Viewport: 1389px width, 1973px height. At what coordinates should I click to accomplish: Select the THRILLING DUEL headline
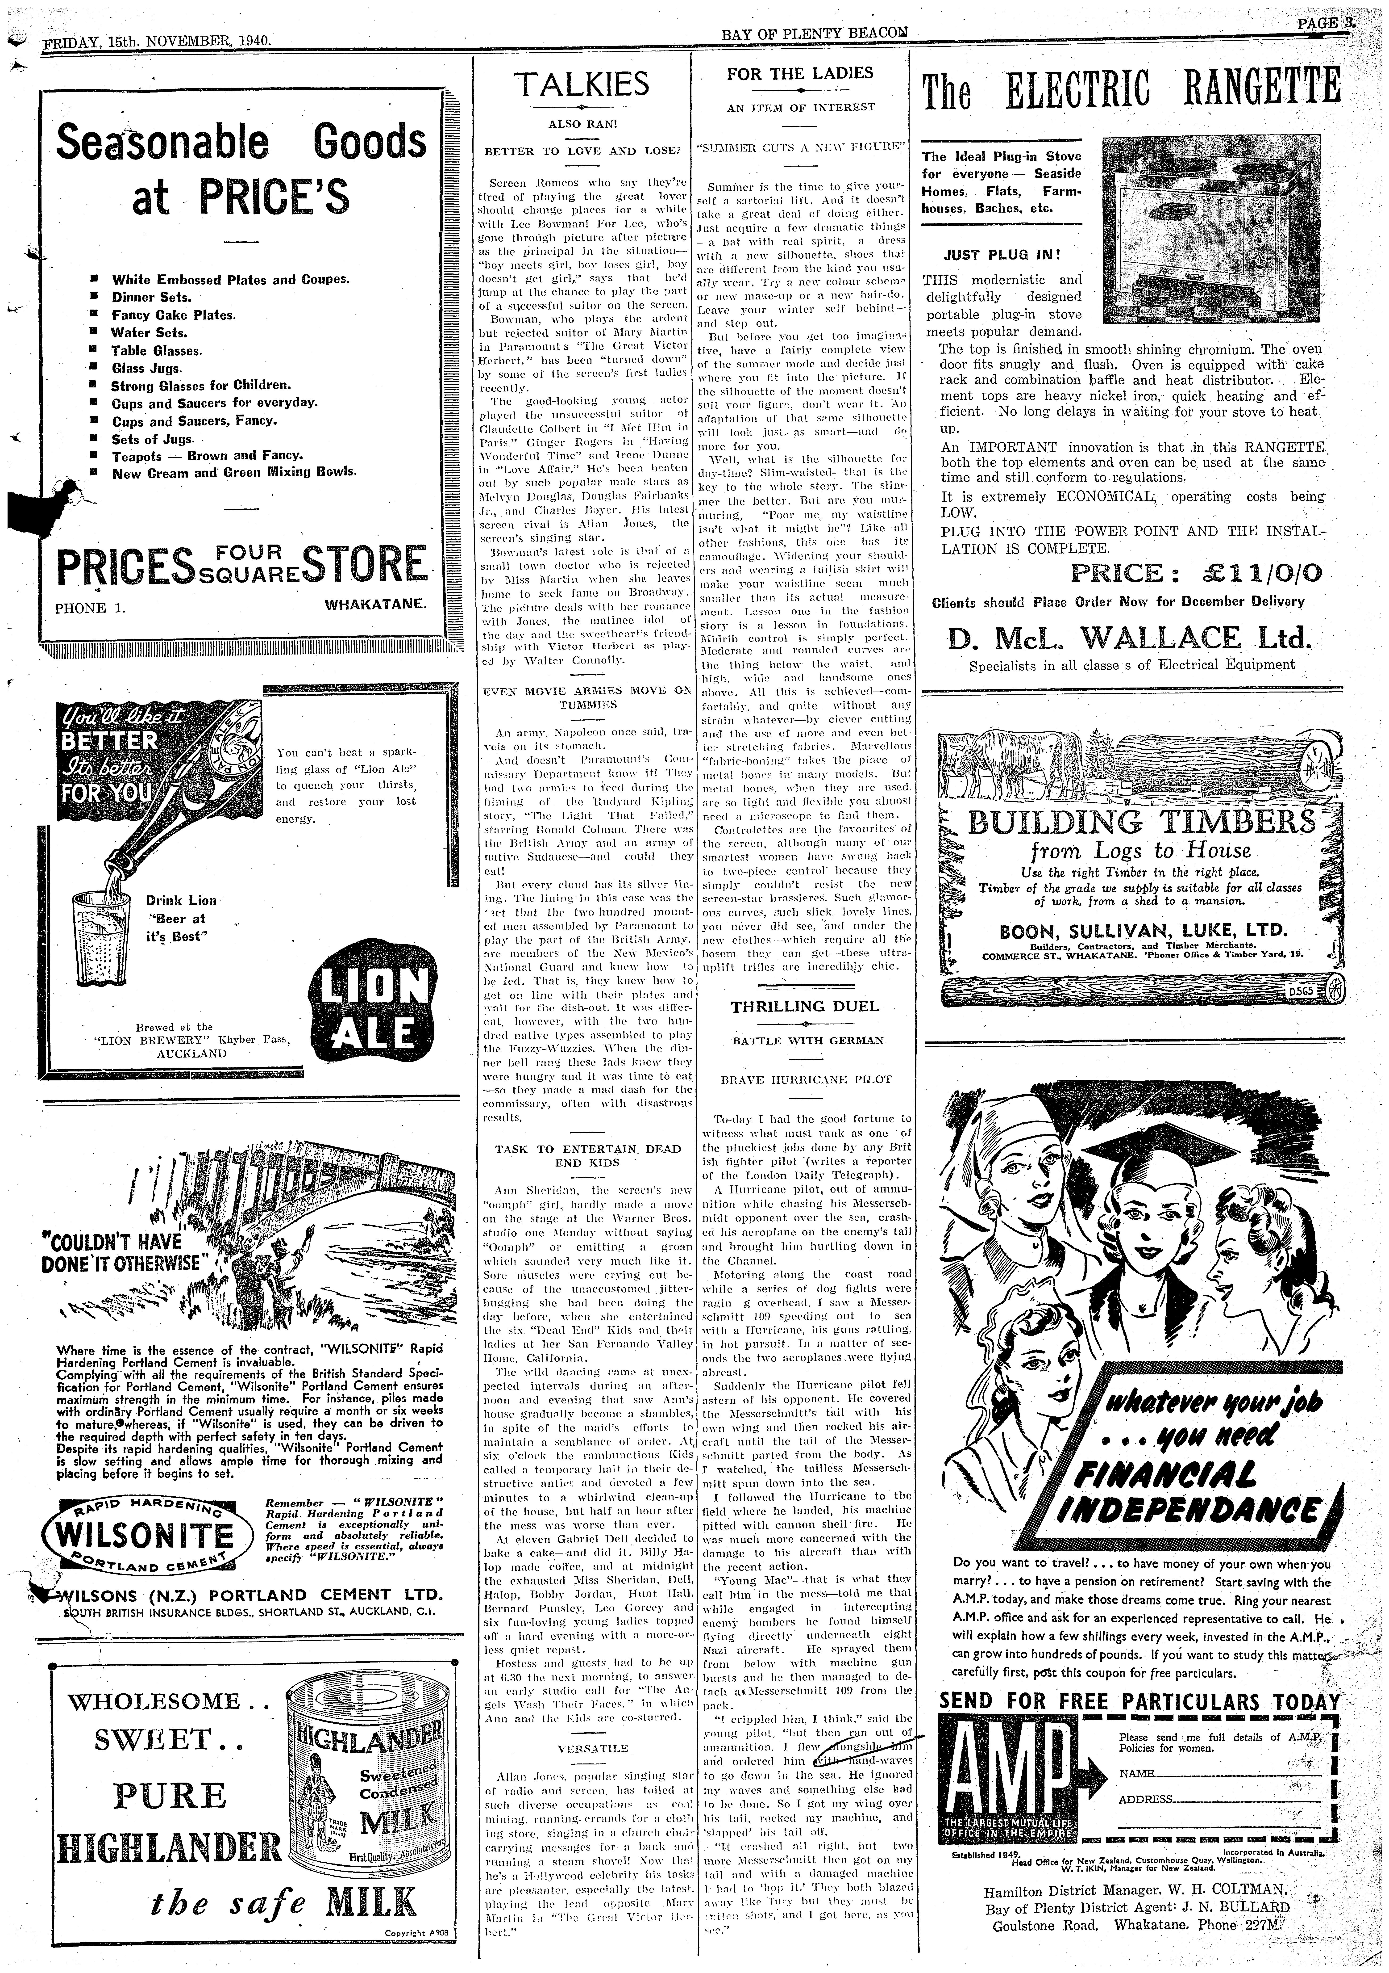click(x=805, y=1006)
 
